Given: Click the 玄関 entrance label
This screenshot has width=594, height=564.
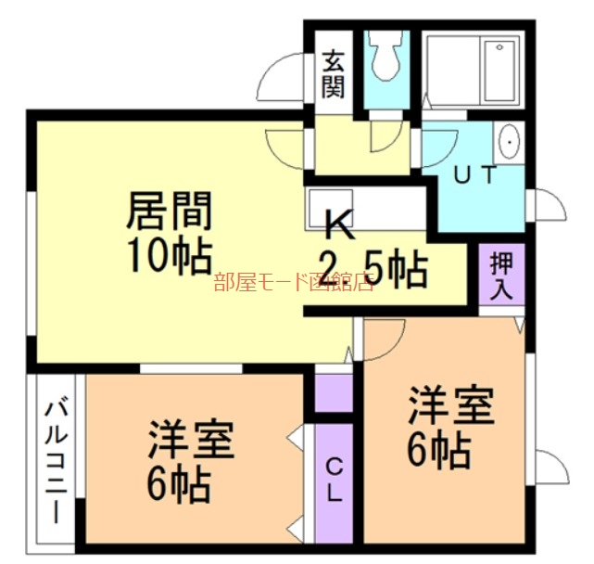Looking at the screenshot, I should [x=334, y=75].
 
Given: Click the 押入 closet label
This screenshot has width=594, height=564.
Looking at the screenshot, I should [x=501, y=274].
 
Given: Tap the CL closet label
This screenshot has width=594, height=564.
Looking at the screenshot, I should [x=334, y=481].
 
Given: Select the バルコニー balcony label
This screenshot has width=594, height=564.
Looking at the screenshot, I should [x=55, y=461].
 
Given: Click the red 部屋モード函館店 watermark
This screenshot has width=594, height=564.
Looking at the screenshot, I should [x=293, y=283].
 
